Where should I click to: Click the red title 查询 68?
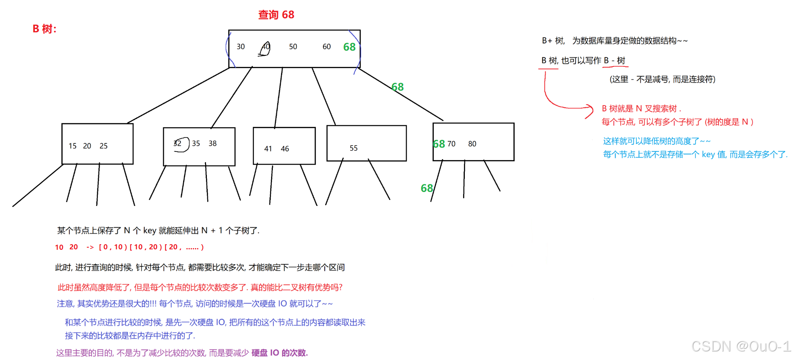pos(276,15)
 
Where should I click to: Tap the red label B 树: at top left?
pos(44,29)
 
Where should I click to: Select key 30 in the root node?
pos(240,47)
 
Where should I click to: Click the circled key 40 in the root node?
pos(265,47)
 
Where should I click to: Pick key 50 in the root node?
pos(293,47)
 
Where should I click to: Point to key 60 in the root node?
pos(326,47)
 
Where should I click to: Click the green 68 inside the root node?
pos(349,47)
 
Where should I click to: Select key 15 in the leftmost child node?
pos(72,146)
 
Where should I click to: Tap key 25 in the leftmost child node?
pos(103,146)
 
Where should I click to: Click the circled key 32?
pos(178,143)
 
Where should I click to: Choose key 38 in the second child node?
pos(212,143)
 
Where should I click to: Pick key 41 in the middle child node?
pos(268,149)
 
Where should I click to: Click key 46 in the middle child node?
pos(285,149)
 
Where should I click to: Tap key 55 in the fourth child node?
pos(354,148)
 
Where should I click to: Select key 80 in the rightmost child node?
pos(472,144)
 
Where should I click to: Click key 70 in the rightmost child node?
pos(451,144)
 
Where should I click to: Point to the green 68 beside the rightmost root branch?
pos(397,87)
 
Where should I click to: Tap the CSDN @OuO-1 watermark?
pos(741,346)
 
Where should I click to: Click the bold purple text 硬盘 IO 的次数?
pos(279,353)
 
